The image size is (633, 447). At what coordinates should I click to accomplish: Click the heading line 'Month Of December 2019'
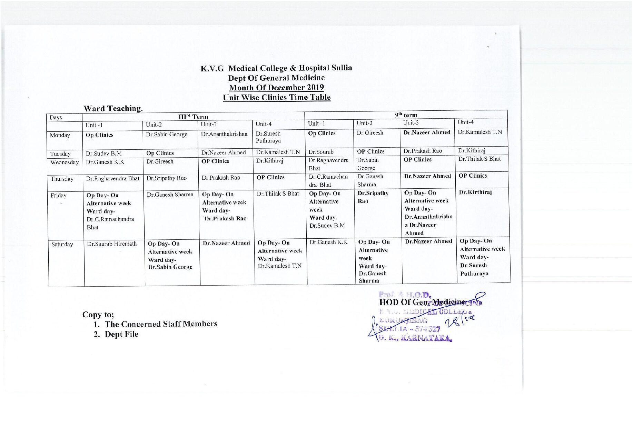pos(276,88)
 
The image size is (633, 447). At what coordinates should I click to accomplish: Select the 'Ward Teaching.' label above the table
pos(113,108)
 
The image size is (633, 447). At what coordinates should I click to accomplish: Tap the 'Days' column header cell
pos(56,118)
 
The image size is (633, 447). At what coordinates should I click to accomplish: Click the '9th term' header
pos(406,115)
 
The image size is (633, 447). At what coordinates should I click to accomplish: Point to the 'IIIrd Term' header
pos(193,117)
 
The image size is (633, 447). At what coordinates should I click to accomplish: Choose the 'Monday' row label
pos(60,135)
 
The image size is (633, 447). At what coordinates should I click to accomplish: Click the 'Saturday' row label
pos(62,245)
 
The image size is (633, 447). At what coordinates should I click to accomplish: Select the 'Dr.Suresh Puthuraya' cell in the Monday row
pos(268,137)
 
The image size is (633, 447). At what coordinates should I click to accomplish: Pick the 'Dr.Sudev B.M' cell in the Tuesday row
pos(103,153)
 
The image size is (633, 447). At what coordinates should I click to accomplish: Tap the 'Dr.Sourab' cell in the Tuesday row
pos(321,152)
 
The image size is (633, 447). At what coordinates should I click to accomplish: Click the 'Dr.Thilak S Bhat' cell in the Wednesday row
pos(479,159)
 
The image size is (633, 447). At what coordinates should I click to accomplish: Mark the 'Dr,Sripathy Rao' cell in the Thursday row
pos(167,178)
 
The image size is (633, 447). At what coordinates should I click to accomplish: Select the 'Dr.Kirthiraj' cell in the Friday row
pos(475,192)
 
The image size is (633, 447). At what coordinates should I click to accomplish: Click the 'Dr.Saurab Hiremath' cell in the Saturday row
pos(112,244)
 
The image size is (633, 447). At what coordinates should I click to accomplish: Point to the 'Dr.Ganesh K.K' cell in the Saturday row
pos(328,242)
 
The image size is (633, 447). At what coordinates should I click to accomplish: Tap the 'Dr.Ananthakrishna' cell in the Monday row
pos(224,134)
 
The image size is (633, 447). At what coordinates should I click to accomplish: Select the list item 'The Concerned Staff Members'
pos(161,324)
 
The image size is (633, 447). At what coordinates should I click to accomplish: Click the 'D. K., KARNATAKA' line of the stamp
pos(415,338)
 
